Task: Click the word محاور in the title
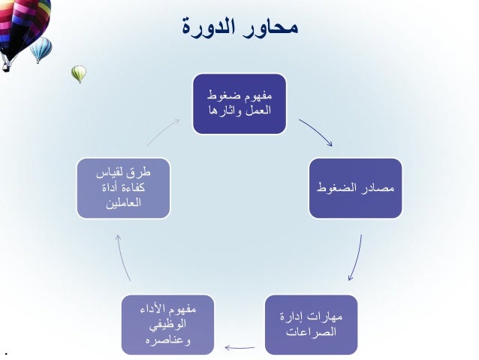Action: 272,28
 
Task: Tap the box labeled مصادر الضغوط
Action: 355,187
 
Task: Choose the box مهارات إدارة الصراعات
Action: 311,325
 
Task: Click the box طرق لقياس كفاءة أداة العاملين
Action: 124,187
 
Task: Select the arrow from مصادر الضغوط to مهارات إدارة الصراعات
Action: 355,258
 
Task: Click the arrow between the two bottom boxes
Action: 239,347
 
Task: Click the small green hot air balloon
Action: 78,73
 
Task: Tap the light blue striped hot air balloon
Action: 41,50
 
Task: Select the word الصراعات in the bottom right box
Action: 311,332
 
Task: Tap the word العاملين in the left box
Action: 124,203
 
